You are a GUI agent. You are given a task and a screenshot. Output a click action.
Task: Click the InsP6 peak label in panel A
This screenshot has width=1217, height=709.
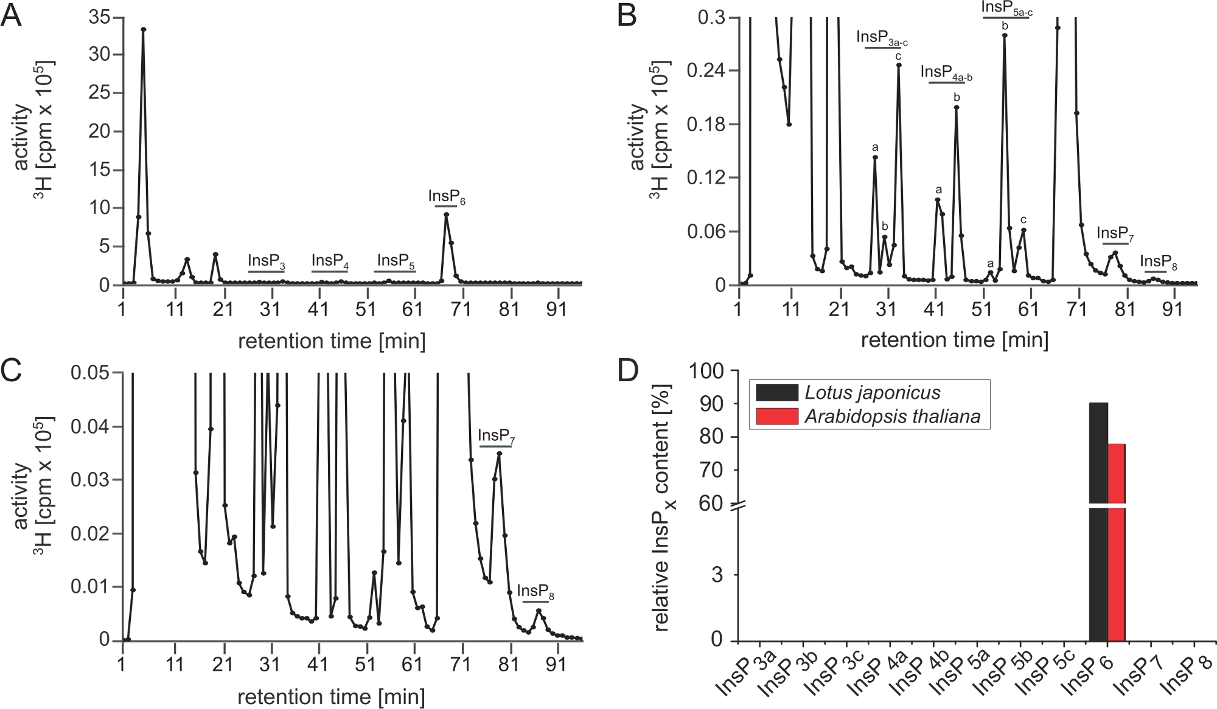[447, 197]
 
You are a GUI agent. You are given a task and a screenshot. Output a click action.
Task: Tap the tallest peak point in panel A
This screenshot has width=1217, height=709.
[143, 29]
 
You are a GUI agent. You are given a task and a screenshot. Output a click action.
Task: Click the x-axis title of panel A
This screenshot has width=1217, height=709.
[332, 341]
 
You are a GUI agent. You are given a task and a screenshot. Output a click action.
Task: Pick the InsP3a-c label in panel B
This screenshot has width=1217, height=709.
[882, 37]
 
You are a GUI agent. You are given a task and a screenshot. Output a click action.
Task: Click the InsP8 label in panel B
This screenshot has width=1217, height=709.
[1158, 262]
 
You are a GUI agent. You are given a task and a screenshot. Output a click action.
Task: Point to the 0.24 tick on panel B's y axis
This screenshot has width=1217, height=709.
[705, 71]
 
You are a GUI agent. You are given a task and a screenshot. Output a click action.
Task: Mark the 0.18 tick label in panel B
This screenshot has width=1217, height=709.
[705, 124]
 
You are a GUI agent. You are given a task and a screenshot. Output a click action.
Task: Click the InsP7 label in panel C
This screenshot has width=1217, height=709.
[497, 436]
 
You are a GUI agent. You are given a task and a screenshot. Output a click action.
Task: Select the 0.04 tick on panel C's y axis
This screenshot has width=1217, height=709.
[90, 426]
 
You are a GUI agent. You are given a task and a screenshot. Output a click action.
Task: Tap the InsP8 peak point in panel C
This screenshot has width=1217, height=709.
[539, 610]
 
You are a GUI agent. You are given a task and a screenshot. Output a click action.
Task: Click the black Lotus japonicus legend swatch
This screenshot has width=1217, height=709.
[776, 392]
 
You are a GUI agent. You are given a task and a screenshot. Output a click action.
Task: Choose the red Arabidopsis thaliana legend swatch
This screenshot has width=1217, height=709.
[776, 417]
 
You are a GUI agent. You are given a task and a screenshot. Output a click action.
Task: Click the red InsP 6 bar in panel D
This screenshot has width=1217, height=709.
[1116, 547]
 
